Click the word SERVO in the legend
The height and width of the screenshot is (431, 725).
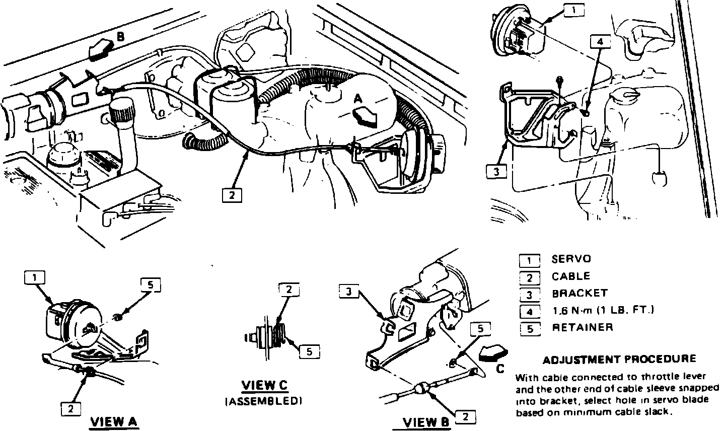(571, 259)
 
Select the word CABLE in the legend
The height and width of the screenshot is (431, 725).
(570, 276)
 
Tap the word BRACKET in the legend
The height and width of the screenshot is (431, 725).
(579, 294)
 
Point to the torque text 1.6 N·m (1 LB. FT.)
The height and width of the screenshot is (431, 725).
(603, 310)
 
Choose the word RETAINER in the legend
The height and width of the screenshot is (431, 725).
(583, 327)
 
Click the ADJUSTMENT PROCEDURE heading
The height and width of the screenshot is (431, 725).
(620, 360)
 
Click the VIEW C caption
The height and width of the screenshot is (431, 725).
(264, 386)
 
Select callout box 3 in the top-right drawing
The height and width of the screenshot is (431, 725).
(496, 172)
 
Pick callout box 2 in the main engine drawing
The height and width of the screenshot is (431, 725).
(232, 194)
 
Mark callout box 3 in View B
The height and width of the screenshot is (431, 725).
(349, 291)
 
